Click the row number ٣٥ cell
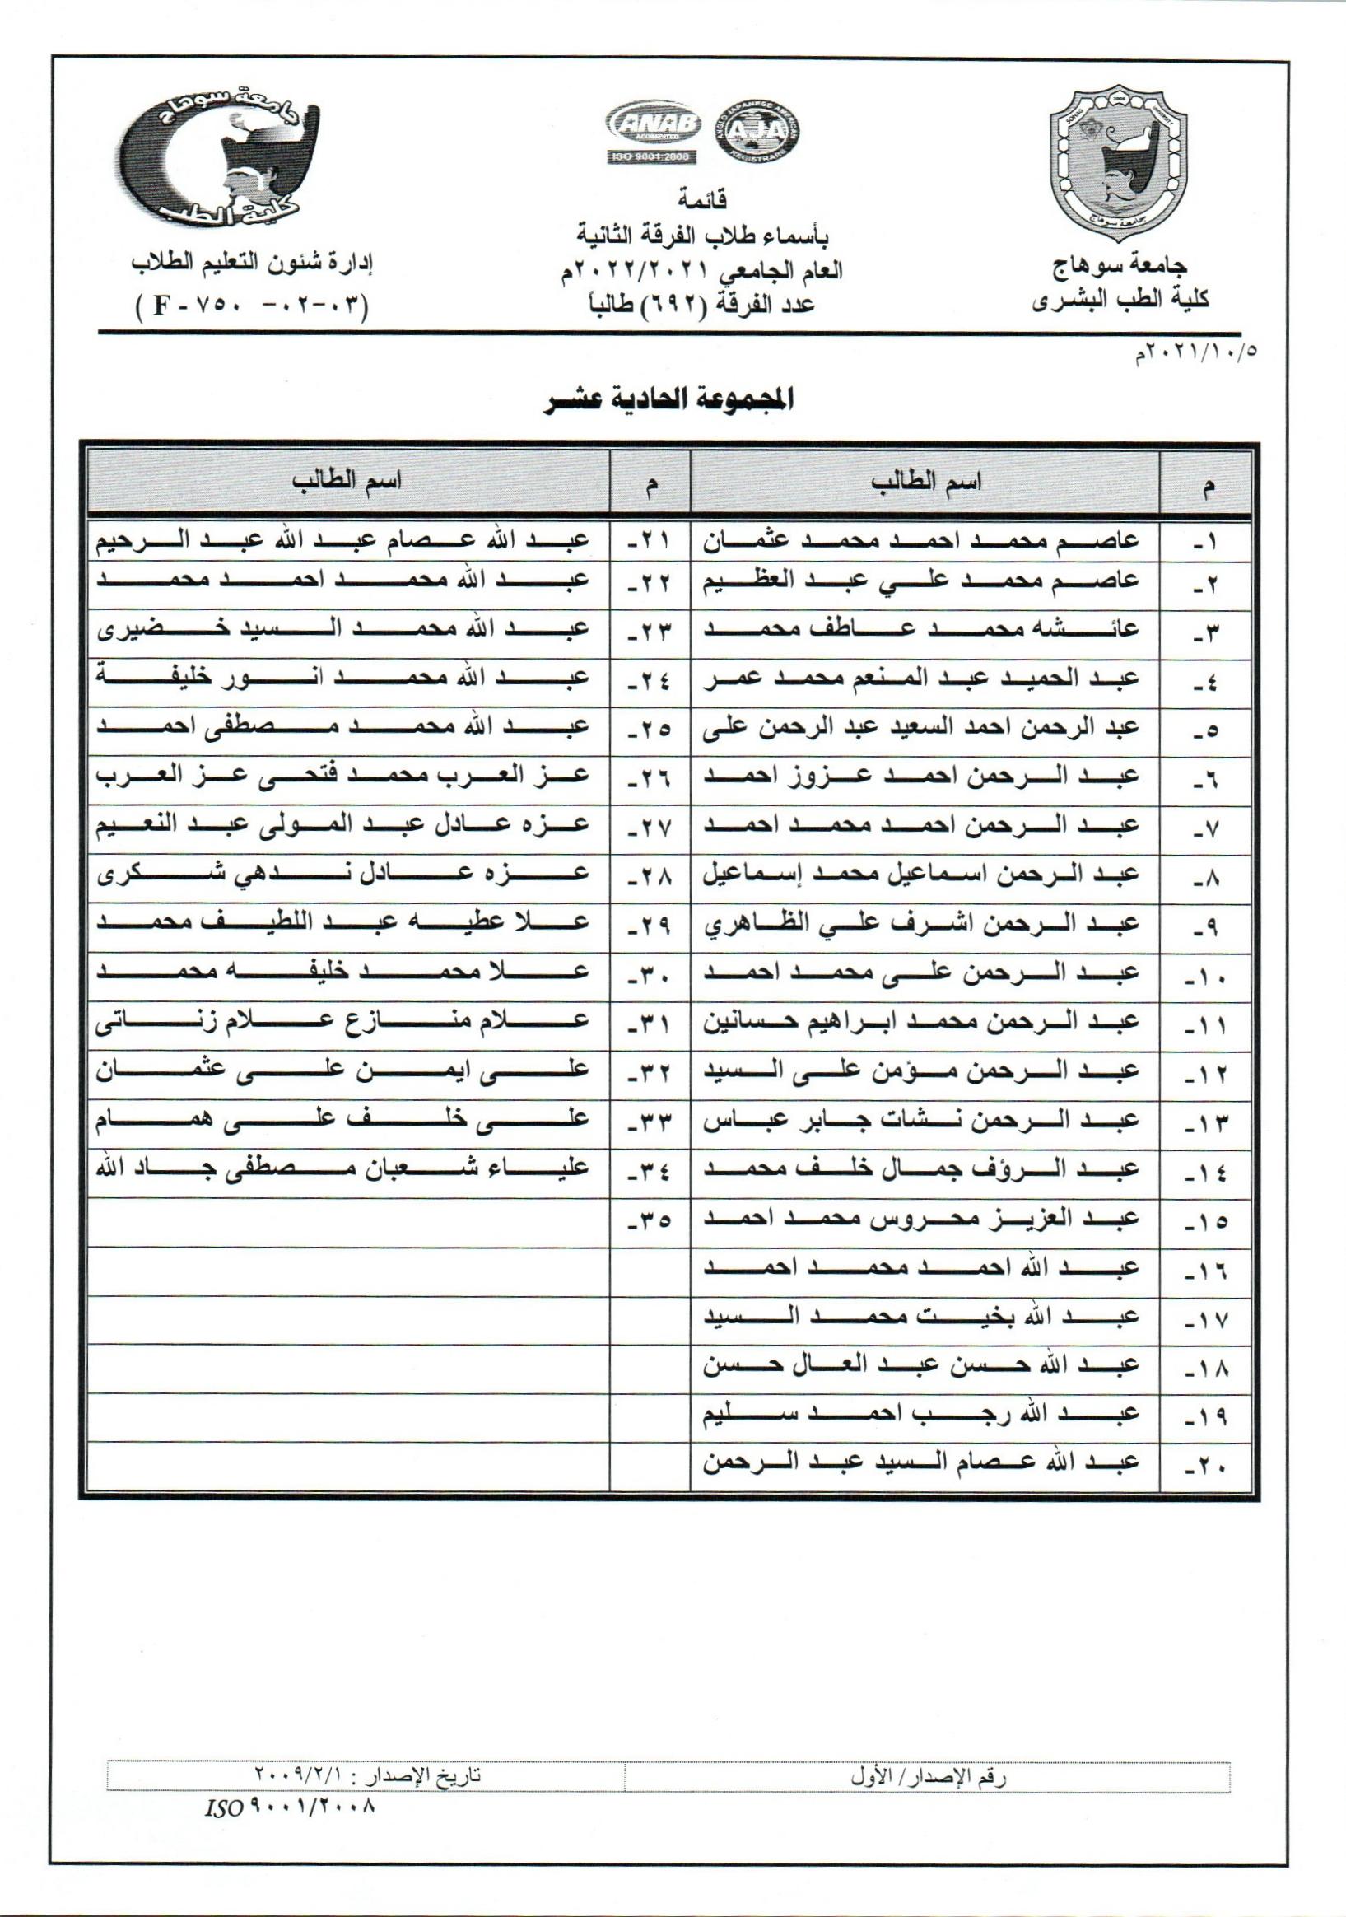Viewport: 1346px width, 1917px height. [x=650, y=1223]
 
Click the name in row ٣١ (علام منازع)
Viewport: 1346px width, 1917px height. [x=343, y=1021]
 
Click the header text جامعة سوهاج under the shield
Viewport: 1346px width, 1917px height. [x=1120, y=266]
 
